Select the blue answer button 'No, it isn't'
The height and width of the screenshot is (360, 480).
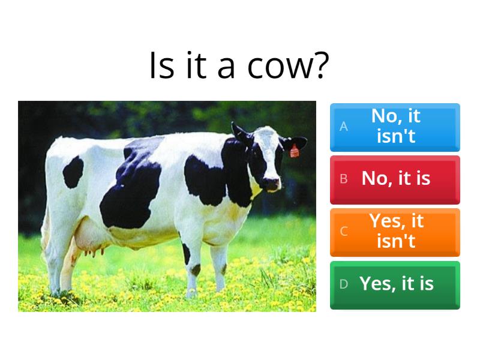click(395, 127)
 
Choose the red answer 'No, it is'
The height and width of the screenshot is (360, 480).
click(395, 179)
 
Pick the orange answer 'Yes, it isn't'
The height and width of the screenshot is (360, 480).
click(395, 232)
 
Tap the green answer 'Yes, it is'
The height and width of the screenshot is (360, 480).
click(395, 284)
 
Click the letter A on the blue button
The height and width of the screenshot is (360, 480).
click(344, 127)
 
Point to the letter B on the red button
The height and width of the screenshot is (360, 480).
click(344, 179)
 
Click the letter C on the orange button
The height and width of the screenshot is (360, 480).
click(344, 232)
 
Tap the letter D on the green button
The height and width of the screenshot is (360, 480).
click(344, 284)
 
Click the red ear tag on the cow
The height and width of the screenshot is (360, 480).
click(295, 151)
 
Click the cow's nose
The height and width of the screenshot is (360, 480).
click(273, 183)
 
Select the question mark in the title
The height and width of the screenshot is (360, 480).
click(320, 67)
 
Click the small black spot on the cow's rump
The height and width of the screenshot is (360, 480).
click(73, 171)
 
